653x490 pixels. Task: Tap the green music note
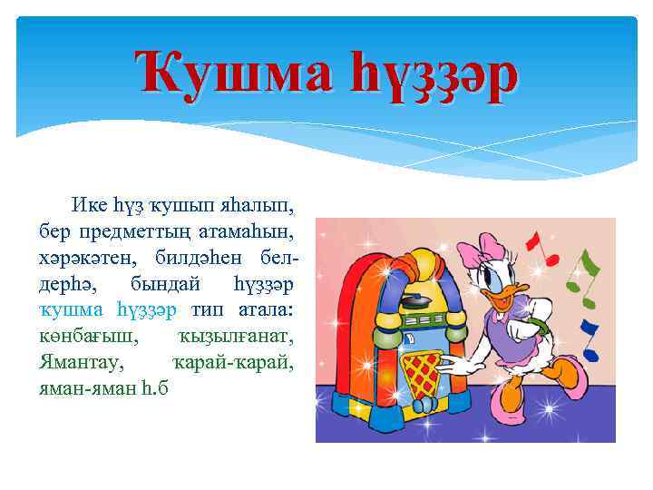point(590,269)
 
